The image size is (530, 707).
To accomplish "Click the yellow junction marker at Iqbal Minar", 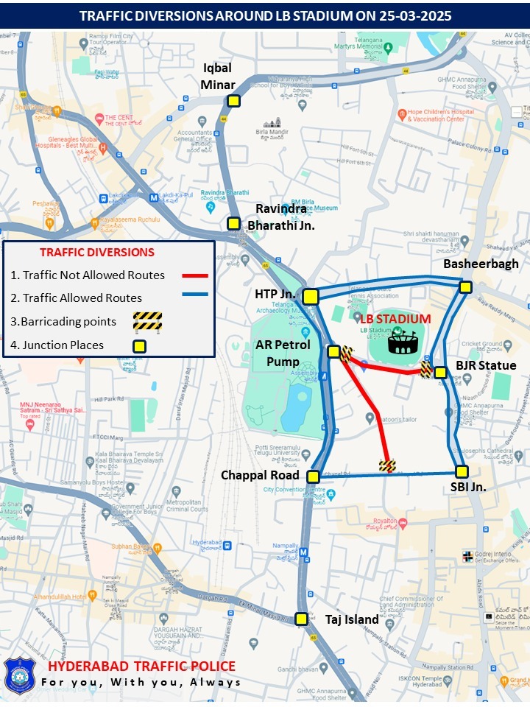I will (233, 102).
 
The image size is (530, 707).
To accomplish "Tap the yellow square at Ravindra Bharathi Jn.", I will (233, 223).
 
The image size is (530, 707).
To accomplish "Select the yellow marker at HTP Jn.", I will (311, 296).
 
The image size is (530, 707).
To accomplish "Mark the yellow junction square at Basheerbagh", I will (465, 286).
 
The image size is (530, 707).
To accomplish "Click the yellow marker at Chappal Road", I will (313, 476).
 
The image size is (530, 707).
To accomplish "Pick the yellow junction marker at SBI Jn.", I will (462, 471).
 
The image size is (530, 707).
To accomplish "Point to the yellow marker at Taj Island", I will (301, 619).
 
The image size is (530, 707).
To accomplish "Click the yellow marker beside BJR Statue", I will (440, 373).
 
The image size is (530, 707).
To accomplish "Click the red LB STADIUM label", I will (395, 319).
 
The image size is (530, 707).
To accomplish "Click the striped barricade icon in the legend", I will (147, 321).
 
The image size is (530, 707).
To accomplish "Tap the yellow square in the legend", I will (138, 345).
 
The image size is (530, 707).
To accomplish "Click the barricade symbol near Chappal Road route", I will (386, 465).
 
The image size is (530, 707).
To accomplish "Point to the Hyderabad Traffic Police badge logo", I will (20, 675).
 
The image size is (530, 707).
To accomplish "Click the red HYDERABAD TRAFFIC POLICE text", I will (141, 666).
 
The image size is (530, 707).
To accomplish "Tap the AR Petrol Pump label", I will (283, 352).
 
